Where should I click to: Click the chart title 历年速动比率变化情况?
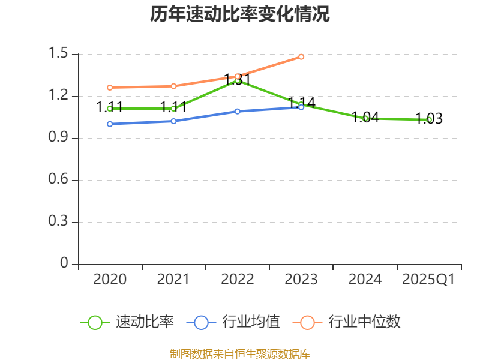pos(240,14)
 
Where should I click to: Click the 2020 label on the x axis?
pos(110,280)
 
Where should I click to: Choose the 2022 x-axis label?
pos(237,280)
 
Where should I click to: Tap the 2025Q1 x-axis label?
pos(428,280)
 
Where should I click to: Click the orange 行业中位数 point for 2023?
pos(301,56)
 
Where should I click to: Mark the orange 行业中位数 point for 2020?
pos(110,88)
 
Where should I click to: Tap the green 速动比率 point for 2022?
pos(238,80)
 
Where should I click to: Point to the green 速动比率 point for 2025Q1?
pos(429,120)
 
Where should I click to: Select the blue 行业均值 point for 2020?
pos(110,124)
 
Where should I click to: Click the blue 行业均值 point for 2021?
pos(173,121)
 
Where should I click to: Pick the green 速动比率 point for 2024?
pos(365,118)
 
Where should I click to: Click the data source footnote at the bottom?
pos(240,353)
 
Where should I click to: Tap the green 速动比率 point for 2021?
pos(173,109)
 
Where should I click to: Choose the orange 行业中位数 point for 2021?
pos(173,86)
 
